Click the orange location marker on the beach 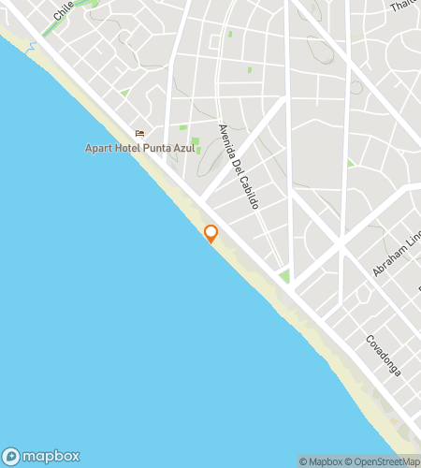[x=210, y=233]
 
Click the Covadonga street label [x=383, y=356]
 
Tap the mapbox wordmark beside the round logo [x=51, y=456]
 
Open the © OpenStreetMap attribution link [x=383, y=461]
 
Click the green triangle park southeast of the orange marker [x=283, y=277]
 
